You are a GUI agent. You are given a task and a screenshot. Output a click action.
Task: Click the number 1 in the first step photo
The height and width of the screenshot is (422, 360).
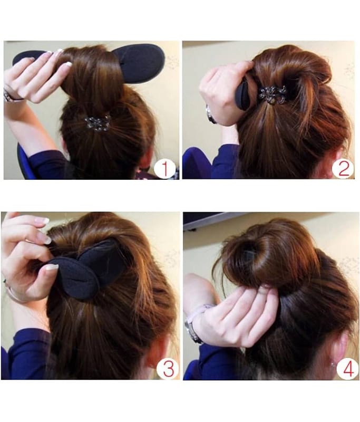[165, 169]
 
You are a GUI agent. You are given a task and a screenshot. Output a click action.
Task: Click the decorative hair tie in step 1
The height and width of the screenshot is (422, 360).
[98, 123]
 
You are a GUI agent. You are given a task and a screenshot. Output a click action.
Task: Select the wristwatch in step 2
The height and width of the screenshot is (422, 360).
[210, 114]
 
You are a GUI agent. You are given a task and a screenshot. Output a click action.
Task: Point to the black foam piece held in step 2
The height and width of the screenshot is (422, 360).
[244, 95]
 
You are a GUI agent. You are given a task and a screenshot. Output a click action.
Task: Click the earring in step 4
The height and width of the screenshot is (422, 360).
[333, 365]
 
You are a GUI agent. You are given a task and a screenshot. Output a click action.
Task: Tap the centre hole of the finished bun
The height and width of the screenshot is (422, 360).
[249, 252]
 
